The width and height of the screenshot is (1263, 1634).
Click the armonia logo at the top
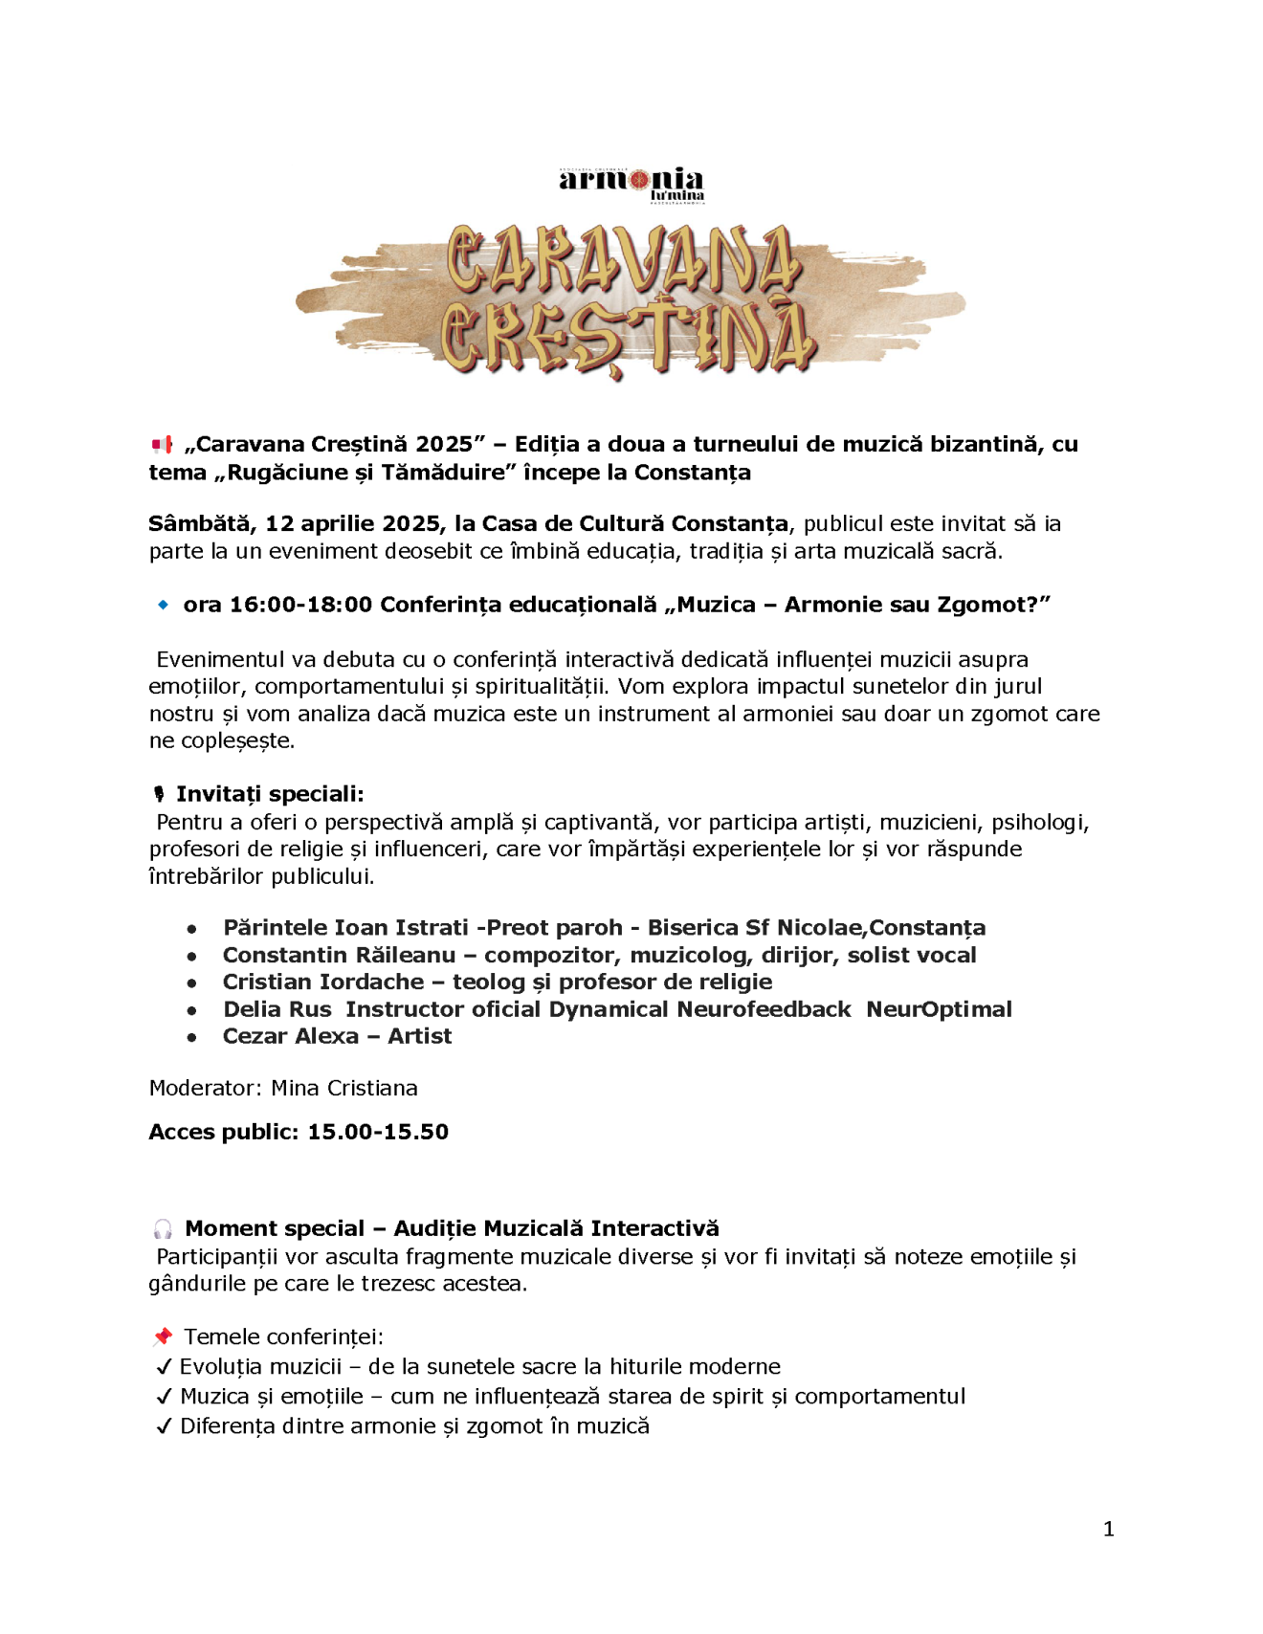coord(631,183)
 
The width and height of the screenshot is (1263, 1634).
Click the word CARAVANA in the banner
coord(623,259)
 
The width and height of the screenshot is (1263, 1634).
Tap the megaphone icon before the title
coord(163,445)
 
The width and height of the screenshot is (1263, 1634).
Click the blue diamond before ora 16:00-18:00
coord(163,606)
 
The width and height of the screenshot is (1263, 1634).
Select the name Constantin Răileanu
coord(339,955)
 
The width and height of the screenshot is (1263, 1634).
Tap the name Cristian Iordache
coord(323,982)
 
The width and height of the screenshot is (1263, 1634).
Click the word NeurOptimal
coord(939,1009)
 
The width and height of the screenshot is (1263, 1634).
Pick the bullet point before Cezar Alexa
coord(192,1037)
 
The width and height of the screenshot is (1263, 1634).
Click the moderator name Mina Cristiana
coord(344,1089)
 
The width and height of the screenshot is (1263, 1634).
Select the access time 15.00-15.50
coord(378,1133)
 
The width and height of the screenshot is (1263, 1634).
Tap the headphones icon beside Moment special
coord(164,1229)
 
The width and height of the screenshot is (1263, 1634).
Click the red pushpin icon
coord(164,1337)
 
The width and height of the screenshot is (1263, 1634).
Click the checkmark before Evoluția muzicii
coord(164,1368)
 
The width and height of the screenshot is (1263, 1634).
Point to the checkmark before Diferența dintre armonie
coord(164,1427)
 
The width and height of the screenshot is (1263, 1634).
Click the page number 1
coord(1108,1530)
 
